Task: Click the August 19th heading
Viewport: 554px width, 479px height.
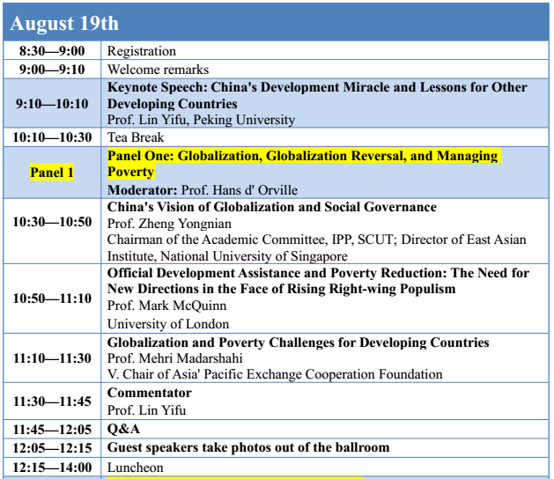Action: (64, 23)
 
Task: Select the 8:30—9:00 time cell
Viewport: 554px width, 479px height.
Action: (52, 51)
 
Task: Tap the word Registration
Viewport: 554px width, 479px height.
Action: (141, 51)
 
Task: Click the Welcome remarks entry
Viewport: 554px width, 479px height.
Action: (158, 70)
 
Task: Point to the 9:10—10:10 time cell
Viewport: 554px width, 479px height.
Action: (52, 104)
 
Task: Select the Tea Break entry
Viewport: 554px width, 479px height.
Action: (136, 137)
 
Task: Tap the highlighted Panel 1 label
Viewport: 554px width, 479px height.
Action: (52, 173)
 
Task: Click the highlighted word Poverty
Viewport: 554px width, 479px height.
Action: (130, 172)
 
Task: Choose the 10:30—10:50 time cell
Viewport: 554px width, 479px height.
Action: (52, 222)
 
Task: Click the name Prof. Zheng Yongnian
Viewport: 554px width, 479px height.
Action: (169, 224)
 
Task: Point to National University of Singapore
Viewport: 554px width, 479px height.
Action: (254, 256)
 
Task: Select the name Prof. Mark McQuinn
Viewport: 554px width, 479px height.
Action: (166, 306)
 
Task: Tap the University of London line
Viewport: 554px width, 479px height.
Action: (168, 324)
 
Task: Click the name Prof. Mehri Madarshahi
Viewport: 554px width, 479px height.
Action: (175, 358)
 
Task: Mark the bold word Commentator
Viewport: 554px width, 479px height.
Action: (150, 393)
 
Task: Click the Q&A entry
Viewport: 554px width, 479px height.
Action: (123, 429)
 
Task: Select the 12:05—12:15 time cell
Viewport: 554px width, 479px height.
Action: (52, 448)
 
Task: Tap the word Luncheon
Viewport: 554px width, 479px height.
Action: (136, 468)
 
